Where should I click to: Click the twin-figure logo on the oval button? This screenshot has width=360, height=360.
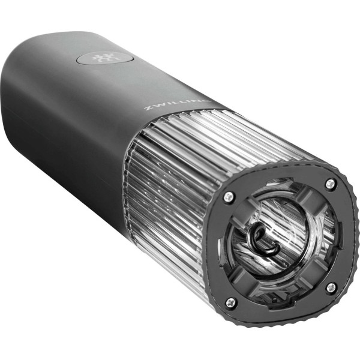[x=103, y=58]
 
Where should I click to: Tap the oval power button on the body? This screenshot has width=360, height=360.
[x=104, y=58]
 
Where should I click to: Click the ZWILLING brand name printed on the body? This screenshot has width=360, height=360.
[x=177, y=104]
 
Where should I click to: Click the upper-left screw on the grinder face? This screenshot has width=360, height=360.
[x=229, y=196]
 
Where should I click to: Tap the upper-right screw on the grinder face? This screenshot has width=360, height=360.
[x=331, y=183]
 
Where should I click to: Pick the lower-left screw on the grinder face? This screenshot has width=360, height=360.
[x=230, y=303]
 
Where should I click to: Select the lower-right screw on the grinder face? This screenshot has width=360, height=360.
[x=332, y=287]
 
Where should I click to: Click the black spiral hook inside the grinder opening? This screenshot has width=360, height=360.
[x=262, y=241]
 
